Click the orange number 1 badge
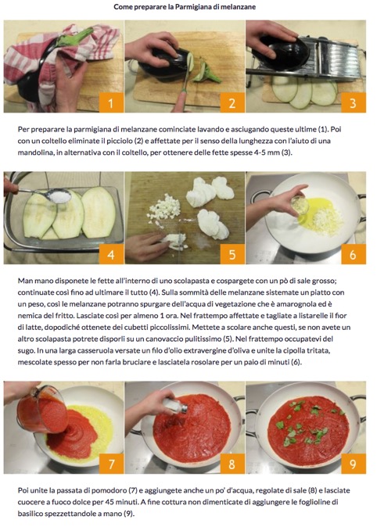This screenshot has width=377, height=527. tap(111, 102)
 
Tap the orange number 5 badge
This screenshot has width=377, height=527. tap(232, 254)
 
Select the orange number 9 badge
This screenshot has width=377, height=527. tap(353, 464)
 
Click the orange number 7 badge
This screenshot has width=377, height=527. tap(111, 464)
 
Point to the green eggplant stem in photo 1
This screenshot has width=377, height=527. tap(74, 37)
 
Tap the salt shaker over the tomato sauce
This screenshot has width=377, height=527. tap(175, 406)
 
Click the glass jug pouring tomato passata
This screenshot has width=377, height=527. tap(42, 410)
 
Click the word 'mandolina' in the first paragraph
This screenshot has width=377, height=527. tap(33, 152)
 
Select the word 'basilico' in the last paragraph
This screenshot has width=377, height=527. tap(29, 514)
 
